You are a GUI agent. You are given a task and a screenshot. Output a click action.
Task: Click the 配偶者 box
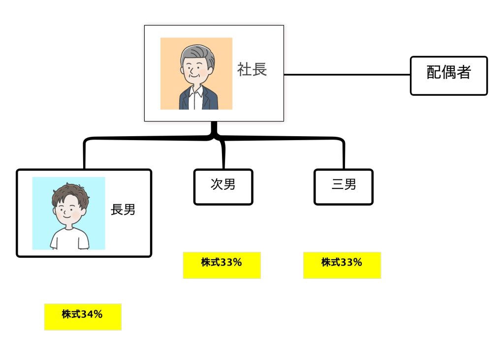(x=448, y=75)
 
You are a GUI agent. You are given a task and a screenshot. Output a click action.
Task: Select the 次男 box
(x=223, y=186)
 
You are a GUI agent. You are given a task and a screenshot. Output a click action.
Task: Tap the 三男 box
(x=344, y=186)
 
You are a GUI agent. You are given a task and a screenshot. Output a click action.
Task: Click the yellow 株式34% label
(x=83, y=316)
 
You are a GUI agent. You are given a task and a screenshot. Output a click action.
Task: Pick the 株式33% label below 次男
(x=221, y=265)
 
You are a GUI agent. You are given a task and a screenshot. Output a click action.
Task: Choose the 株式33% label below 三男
(x=342, y=265)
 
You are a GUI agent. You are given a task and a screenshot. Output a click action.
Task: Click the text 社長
(x=252, y=70)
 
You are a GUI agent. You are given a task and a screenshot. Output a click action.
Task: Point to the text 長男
(x=123, y=210)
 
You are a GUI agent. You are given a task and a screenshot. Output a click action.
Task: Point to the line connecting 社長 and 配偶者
(x=347, y=75)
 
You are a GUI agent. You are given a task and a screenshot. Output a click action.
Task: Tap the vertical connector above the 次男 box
(x=223, y=156)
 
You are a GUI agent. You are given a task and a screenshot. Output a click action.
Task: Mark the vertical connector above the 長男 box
(x=85, y=156)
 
